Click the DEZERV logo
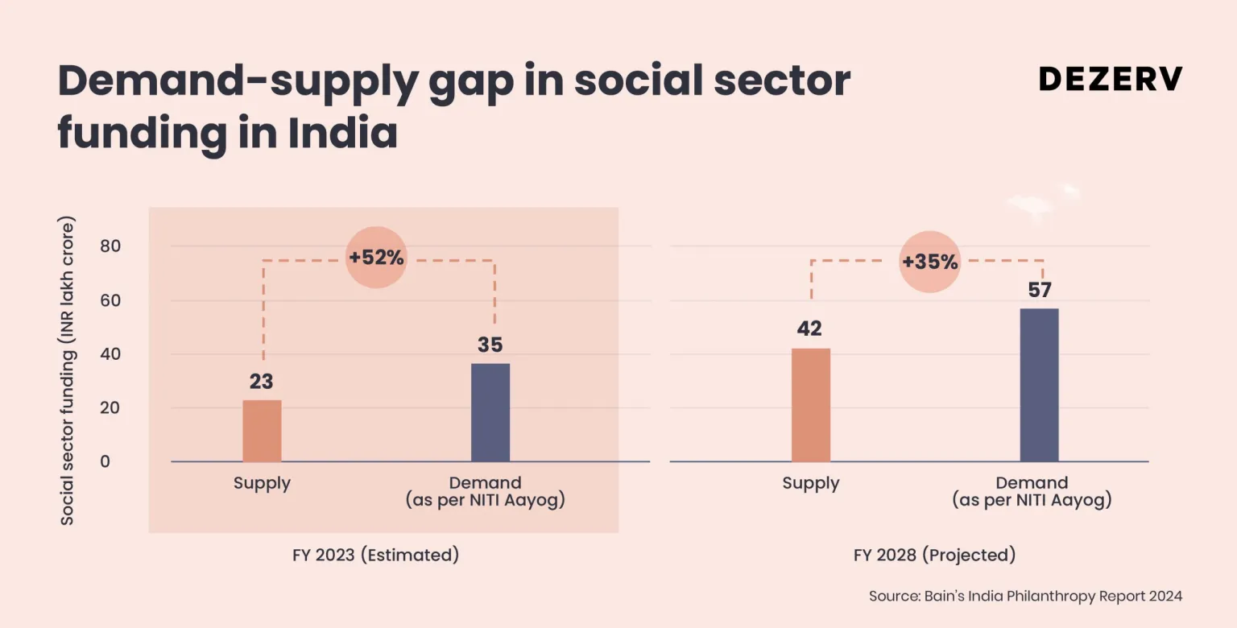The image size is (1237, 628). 1111,79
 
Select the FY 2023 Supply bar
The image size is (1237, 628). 262,431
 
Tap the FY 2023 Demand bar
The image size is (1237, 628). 490,412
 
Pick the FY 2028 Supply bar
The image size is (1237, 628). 810,404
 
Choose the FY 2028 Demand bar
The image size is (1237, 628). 1039,385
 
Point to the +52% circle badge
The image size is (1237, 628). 376,258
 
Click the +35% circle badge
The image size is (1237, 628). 930,262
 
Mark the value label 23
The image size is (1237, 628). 262,382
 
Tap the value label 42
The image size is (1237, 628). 810,329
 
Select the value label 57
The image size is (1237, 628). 1040,290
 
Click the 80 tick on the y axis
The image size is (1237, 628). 110,246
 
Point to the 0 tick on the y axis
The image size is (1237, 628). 105,461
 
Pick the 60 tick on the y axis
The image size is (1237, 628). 110,300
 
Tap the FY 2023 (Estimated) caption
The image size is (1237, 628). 375,556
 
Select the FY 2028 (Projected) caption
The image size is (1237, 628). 934,556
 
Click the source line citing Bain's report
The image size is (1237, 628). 1025,597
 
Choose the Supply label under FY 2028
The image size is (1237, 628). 810,483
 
